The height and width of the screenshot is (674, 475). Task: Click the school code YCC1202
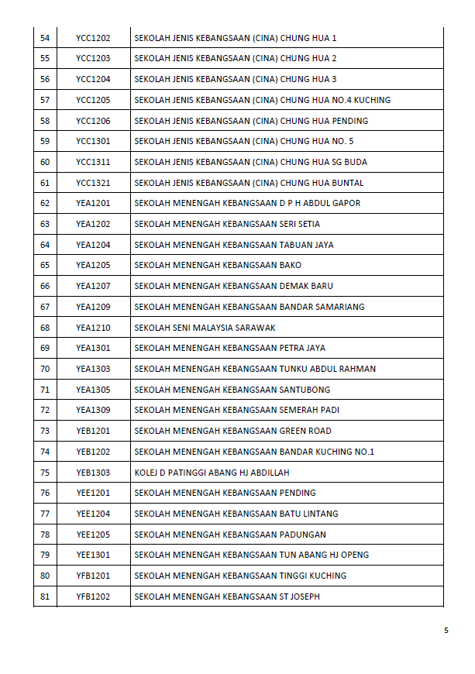[93, 38]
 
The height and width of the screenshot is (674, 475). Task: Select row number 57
[45, 100]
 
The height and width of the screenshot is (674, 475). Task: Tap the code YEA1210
[93, 328]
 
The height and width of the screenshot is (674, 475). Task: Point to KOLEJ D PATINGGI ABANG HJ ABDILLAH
[212, 473]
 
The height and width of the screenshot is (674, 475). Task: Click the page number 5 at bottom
[446, 630]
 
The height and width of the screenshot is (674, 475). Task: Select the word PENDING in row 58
[349, 121]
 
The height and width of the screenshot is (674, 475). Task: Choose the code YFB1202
[93, 597]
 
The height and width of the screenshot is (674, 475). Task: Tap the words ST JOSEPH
[299, 597]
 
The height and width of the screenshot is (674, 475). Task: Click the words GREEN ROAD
[305, 431]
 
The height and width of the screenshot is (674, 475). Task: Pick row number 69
[45, 348]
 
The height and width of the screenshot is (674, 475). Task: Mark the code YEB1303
[93, 473]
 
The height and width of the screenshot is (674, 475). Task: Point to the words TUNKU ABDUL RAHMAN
[328, 369]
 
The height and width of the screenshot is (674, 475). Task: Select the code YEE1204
[93, 514]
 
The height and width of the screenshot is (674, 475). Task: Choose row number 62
[45, 203]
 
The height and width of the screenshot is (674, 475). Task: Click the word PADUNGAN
[303, 535]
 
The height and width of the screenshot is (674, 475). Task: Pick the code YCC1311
[93, 162]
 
